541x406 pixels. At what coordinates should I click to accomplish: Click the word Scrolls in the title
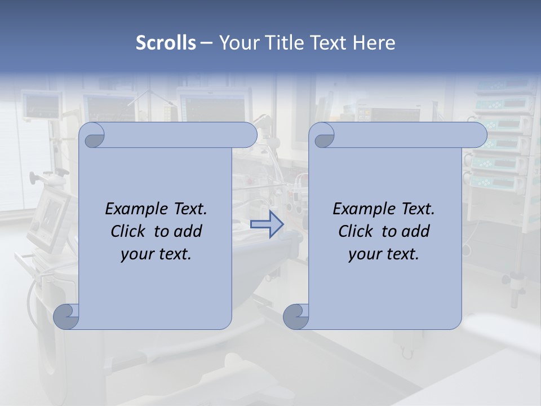pos(166,43)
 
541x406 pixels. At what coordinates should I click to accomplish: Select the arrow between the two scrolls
pos(267,224)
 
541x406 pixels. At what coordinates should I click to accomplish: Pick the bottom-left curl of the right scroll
pos(296,317)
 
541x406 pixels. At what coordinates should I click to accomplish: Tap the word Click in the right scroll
pos(356,231)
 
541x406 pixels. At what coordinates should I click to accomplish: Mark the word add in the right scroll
pos(417,231)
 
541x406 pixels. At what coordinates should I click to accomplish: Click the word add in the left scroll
pos(189,231)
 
